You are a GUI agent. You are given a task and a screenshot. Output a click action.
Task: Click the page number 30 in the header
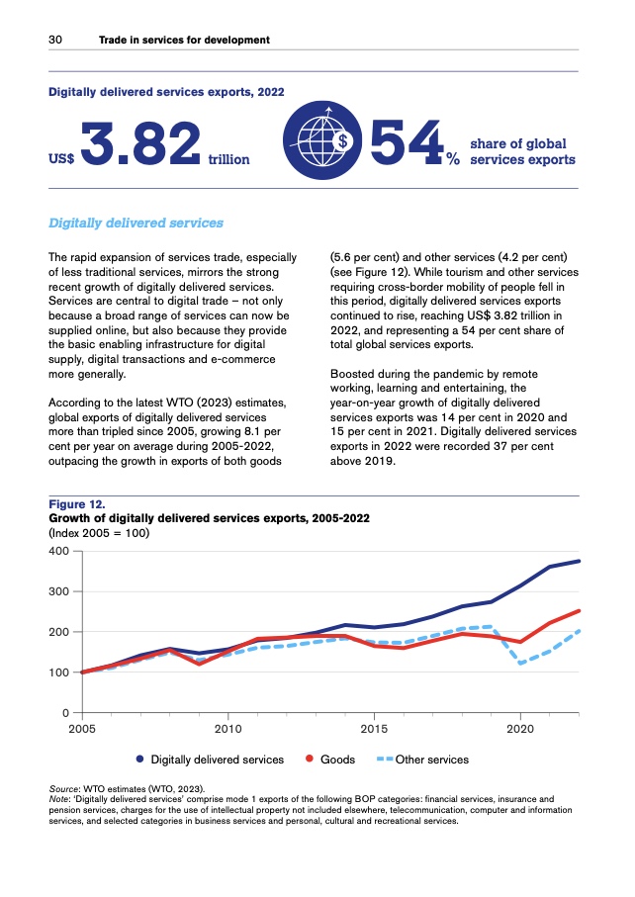(x=56, y=41)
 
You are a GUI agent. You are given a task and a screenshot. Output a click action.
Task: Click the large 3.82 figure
(x=142, y=145)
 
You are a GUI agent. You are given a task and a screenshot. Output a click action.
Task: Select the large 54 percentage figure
(x=405, y=145)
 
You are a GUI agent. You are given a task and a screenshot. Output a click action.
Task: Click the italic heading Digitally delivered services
(x=136, y=223)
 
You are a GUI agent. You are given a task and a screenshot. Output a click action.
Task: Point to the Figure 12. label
(x=77, y=504)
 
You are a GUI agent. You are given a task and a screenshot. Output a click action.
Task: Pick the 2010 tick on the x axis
(x=227, y=730)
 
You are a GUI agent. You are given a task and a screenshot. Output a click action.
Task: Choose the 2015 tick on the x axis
(x=374, y=730)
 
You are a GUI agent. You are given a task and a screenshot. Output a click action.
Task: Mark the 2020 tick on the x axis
(x=520, y=730)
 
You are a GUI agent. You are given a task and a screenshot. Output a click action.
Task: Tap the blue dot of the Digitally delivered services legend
(x=140, y=760)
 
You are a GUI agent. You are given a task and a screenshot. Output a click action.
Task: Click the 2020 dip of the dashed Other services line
(x=520, y=664)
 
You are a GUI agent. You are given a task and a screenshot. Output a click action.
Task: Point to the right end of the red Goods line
(x=579, y=611)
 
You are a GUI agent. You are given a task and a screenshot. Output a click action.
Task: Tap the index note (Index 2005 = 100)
(x=101, y=531)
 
